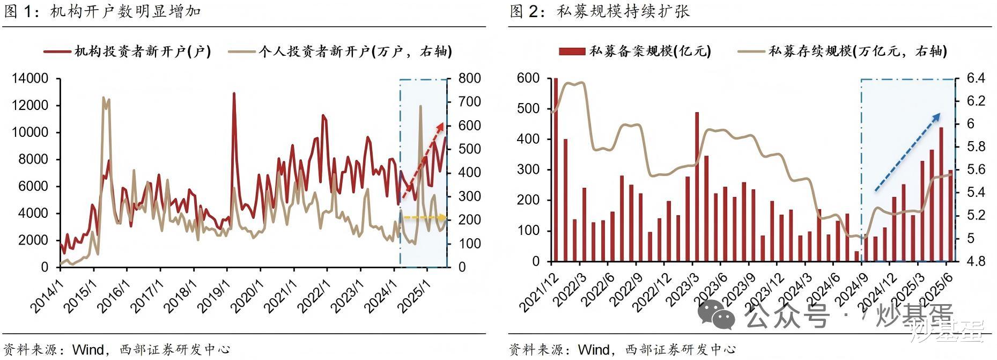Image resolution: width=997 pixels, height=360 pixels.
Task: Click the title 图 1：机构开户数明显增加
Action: tap(102, 11)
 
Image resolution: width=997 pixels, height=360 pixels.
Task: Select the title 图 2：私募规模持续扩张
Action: tap(600, 11)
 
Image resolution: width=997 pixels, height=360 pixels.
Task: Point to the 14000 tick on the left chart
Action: tap(29, 79)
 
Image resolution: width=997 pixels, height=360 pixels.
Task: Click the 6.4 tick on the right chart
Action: tap(976, 79)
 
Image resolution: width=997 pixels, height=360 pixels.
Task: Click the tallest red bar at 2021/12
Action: tap(556, 170)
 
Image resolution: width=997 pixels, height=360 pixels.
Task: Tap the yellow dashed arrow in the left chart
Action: tap(424, 217)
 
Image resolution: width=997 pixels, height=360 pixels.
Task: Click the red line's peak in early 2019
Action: tap(234, 94)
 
